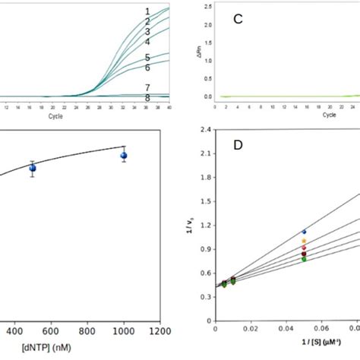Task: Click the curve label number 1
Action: [x=147, y=11]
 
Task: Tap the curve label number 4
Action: [x=147, y=42]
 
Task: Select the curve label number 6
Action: [x=147, y=68]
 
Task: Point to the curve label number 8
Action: [x=147, y=98]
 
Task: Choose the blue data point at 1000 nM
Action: [x=124, y=156]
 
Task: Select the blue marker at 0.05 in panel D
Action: [x=305, y=232]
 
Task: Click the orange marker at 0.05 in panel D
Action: [x=305, y=241]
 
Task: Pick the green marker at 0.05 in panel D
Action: [x=305, y=259]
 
